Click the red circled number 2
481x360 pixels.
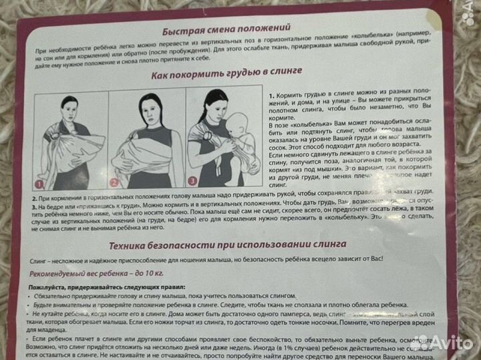[114, 181]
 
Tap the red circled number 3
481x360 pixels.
[192, 180]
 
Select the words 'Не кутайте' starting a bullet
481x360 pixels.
[53, 313]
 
